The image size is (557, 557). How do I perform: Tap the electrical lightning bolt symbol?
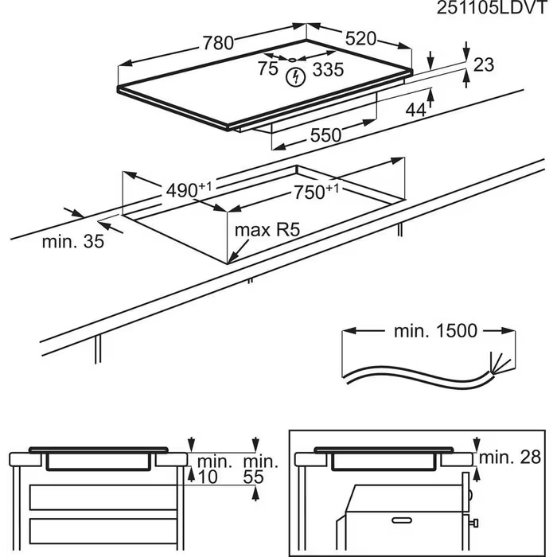click(x=296, y=77)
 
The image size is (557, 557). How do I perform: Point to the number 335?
click(x=327, y=70)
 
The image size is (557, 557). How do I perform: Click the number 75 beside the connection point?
click(x=268, y=69)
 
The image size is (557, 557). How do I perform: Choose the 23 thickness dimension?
click(x=484, y=65)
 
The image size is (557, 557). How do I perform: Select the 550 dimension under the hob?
click(x=326, y=136)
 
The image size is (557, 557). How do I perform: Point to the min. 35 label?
click(x=73, y=242)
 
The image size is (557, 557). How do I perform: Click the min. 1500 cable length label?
click(x=433, y=331)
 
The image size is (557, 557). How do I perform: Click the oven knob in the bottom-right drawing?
click(x=473, y=523)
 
